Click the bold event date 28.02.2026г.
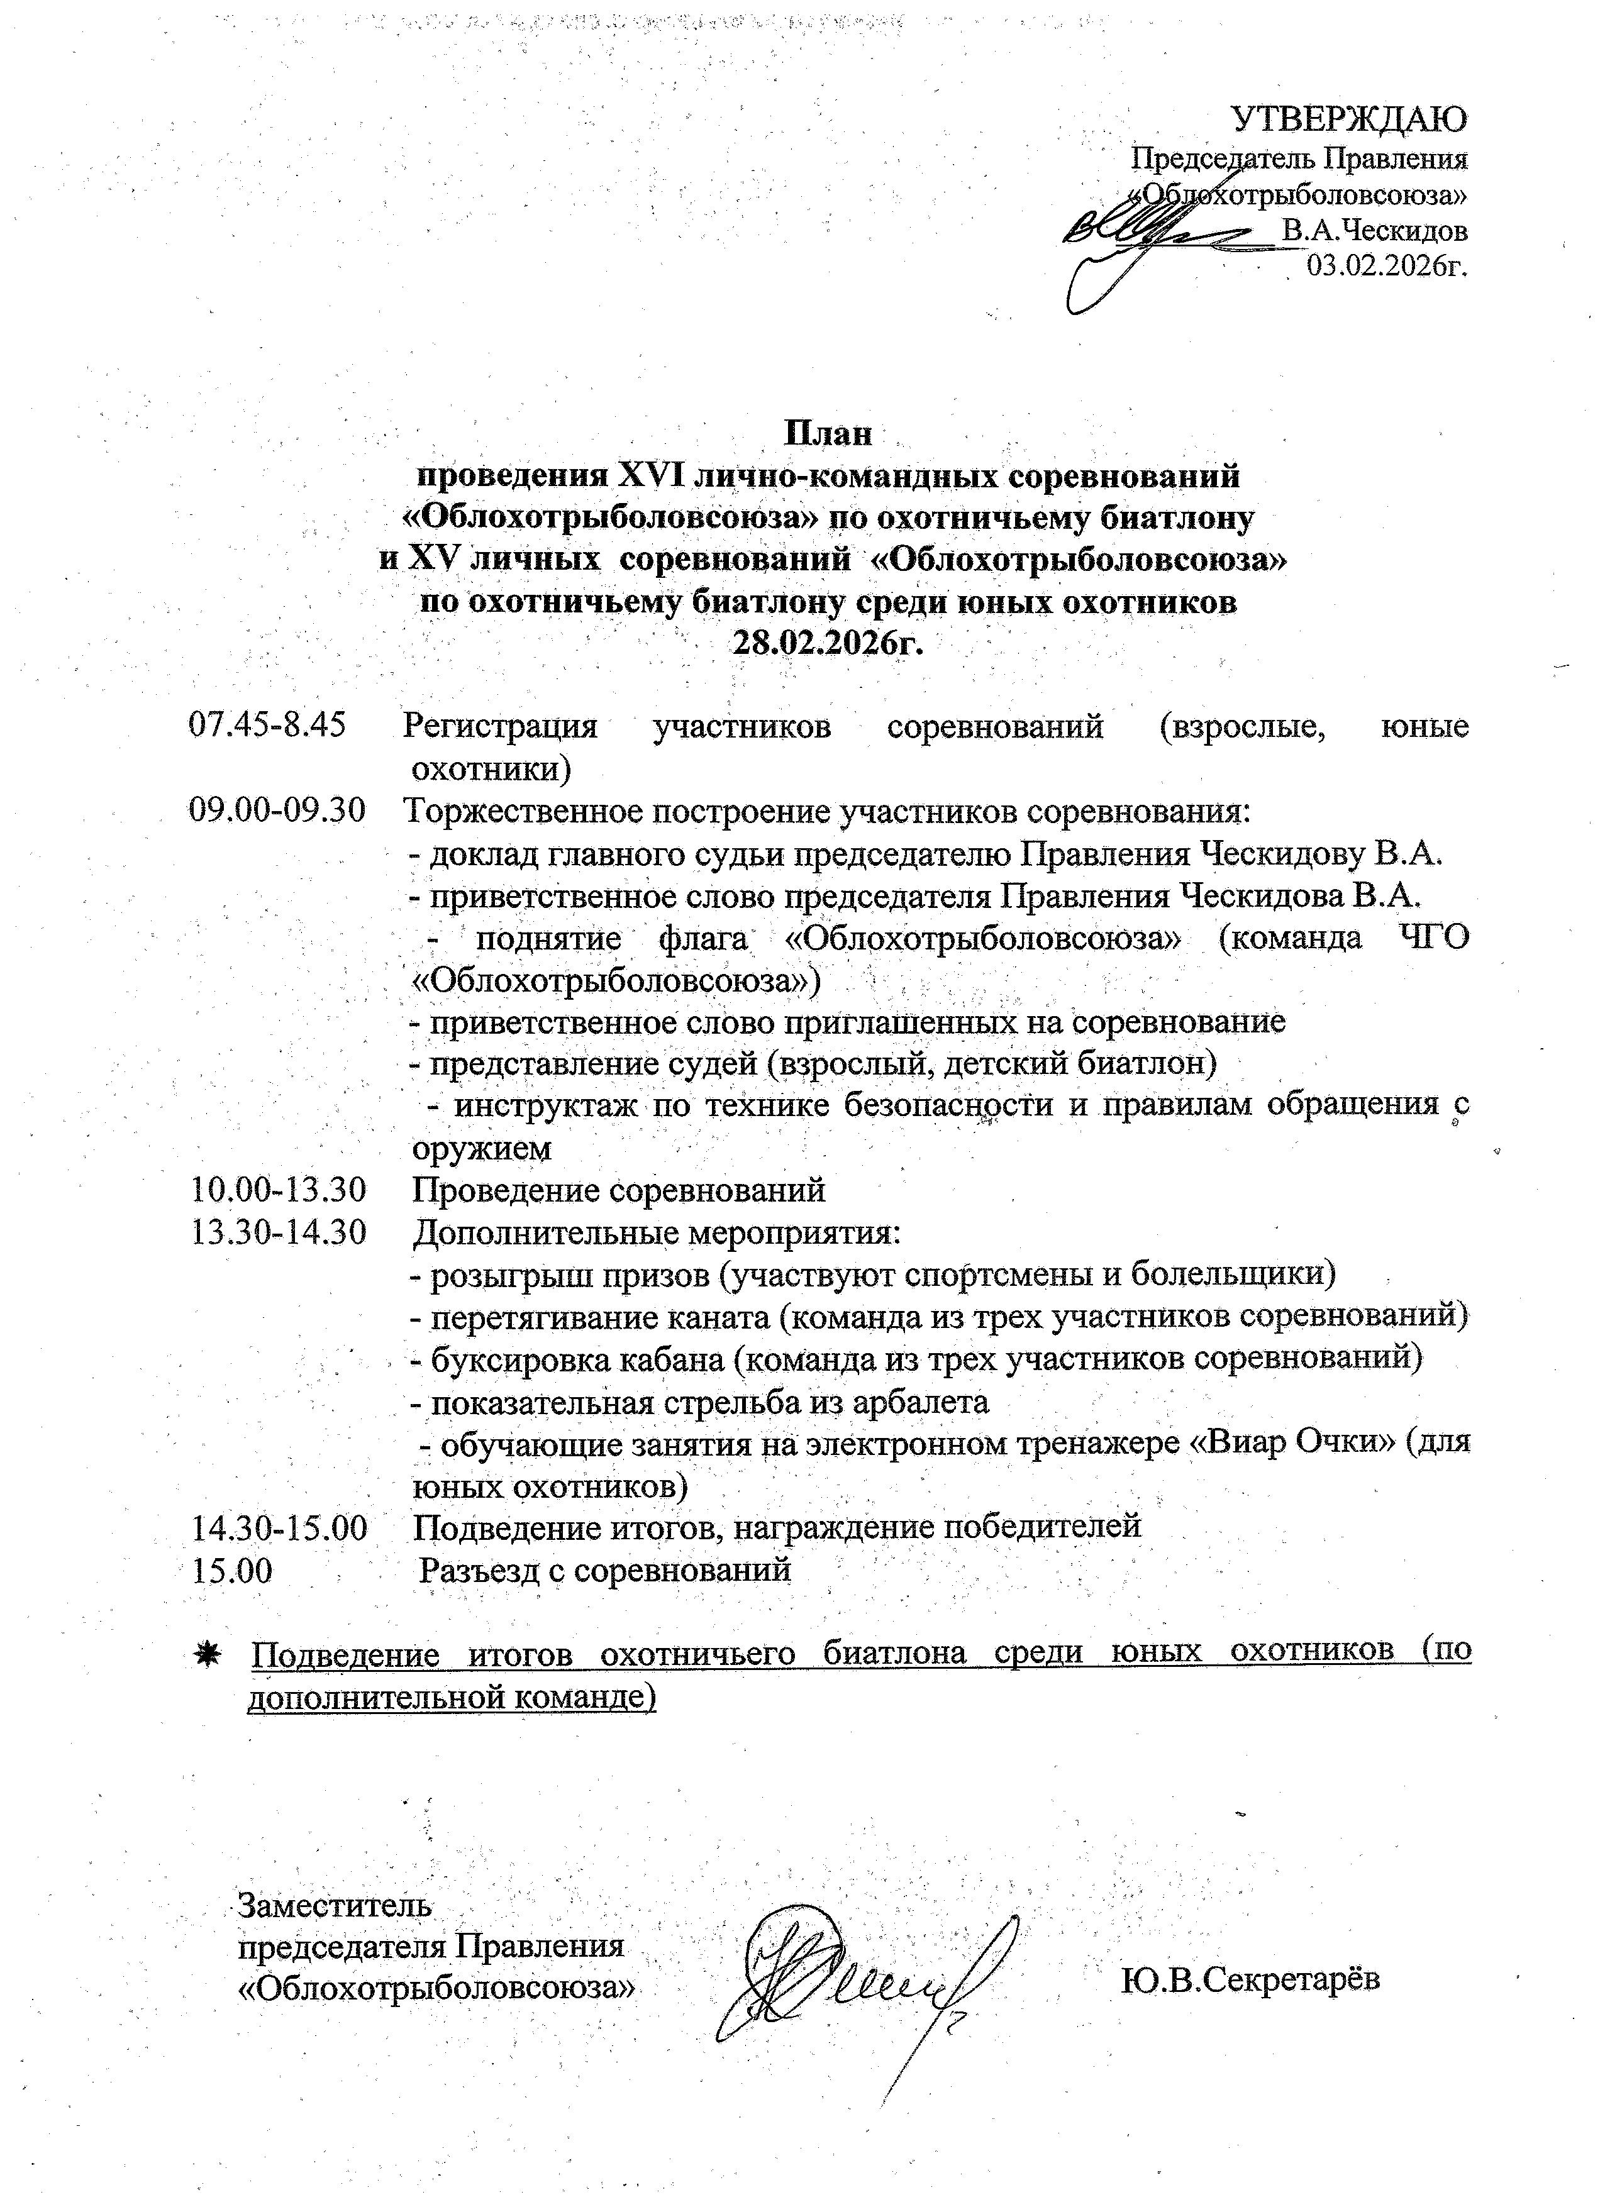point(828,643)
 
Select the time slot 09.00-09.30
point(277,810)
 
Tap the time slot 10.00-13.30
point(279,1188)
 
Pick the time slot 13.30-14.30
point(279,1231)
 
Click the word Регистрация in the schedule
point(500,726)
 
